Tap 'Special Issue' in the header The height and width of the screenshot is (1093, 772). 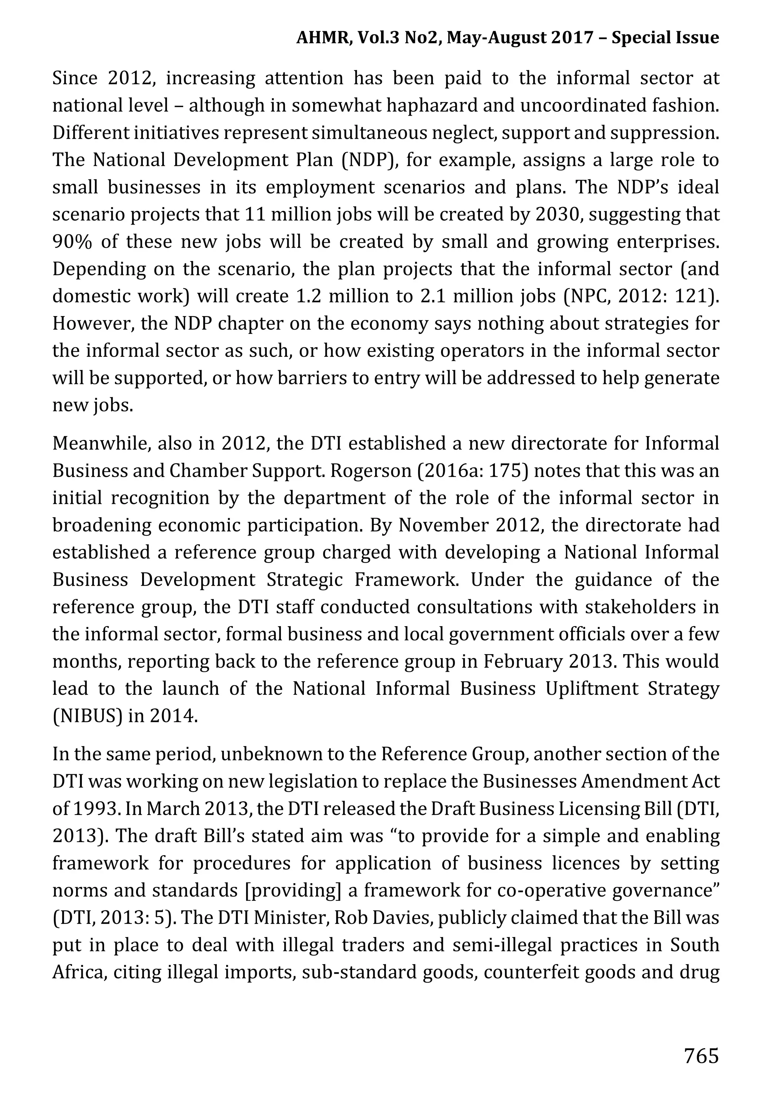(665, 37)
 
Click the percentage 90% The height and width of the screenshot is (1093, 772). (72, 242)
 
